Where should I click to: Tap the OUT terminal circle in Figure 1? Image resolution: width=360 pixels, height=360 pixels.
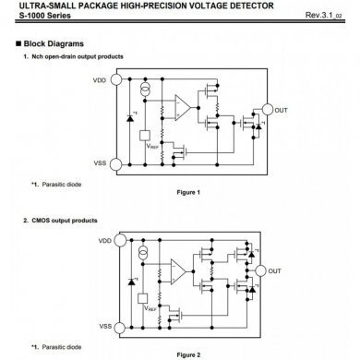click(268, 109)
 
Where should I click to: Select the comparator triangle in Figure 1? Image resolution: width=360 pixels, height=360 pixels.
click(185, 110)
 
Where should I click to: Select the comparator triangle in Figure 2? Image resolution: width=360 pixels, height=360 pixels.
click(175, 270)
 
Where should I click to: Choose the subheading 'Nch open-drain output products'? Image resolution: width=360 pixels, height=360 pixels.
click(78, 58)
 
